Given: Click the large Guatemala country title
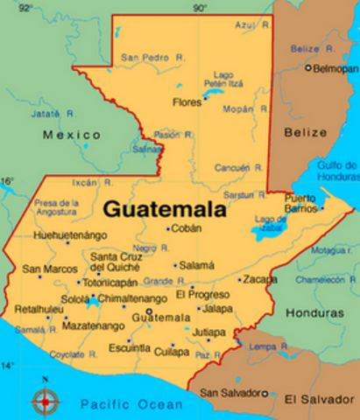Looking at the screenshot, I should [x=165, y=210].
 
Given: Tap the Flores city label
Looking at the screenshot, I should [x=187, y=102].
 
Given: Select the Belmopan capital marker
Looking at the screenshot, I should [x=308, y=66].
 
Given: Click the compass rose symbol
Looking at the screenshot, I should [x=46, y=400].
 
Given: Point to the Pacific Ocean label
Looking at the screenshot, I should [x=131, y=404].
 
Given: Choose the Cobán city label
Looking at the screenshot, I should [x=187, y=228].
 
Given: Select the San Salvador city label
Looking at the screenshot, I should [x=230, y=393].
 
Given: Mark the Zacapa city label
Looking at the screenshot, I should [x=260, y=279].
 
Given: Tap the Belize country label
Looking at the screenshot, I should [x=307, y=134].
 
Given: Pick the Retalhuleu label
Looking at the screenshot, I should [x=39, y=308].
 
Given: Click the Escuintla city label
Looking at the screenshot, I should [x=130, y=347].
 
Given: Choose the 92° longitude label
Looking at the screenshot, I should [x=25, y=8].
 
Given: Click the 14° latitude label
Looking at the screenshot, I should [x=7, y=365].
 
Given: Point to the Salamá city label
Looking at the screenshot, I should [x=194, y=264].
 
